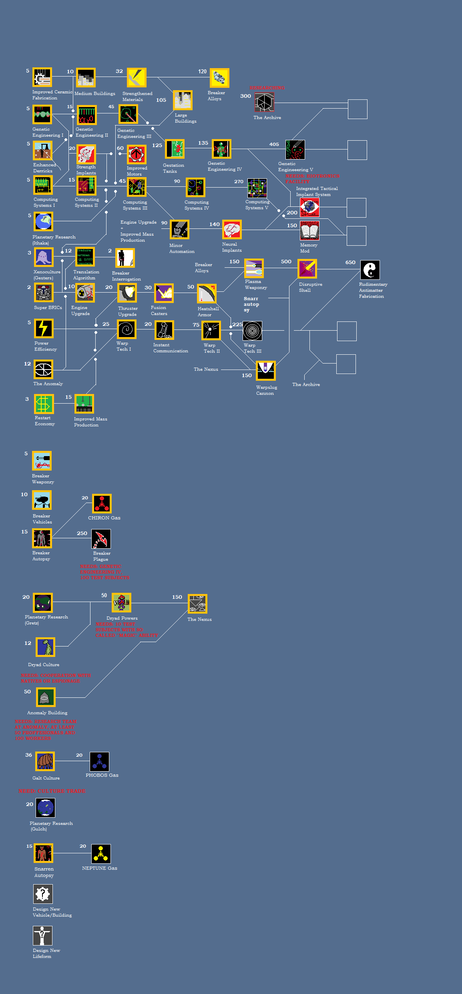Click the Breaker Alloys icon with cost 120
219,78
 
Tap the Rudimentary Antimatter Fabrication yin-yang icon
370,270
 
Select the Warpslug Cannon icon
266,370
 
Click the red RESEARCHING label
267,88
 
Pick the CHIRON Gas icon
102,504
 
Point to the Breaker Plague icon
101,539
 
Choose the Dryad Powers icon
122,603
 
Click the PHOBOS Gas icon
99,762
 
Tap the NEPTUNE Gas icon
101,854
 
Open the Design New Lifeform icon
42,936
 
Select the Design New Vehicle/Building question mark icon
42,894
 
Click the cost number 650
350,263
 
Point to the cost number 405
274,144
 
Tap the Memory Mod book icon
309,231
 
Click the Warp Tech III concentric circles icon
252,331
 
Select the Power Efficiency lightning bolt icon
44,329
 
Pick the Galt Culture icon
45,762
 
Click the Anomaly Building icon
46,697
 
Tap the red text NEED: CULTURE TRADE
52,791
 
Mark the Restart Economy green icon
44,404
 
